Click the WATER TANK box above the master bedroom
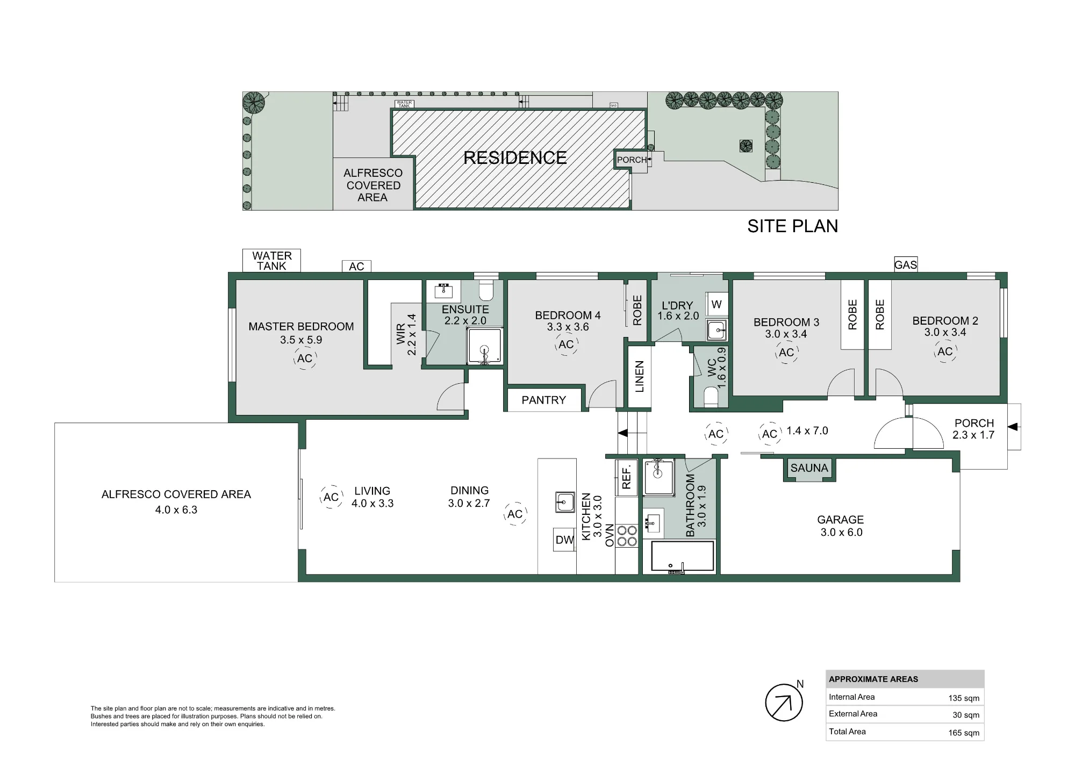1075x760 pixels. (x=271, y=261)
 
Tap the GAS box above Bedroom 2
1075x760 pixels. (x=906, y=264)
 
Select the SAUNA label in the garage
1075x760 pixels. (x=809, y=468)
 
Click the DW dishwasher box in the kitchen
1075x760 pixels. (x=564, y=540)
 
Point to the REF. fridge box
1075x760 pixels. (x=626, y=477)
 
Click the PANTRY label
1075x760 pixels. (x=543, y=400)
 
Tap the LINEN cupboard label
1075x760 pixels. (x=640, y=376)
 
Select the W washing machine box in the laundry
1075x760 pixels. (x=716, y=305)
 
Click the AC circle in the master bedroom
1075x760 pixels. (x=305, y=359)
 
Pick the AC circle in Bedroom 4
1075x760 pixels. (x=566, y=345)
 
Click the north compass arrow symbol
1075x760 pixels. (x=784, y=702)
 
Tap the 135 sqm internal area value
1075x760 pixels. (x=964, y=698)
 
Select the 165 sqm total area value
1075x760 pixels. (x=964, y=733)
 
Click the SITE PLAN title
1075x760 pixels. (x=793, y=226)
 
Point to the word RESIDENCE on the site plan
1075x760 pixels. (x=515, y=158)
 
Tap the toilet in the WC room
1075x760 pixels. (x=711, y=398)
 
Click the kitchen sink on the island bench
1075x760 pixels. (x=565, y=502)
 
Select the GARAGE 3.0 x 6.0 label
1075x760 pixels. (x=841, y=526)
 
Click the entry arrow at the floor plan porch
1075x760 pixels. (x=1012, y=427)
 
